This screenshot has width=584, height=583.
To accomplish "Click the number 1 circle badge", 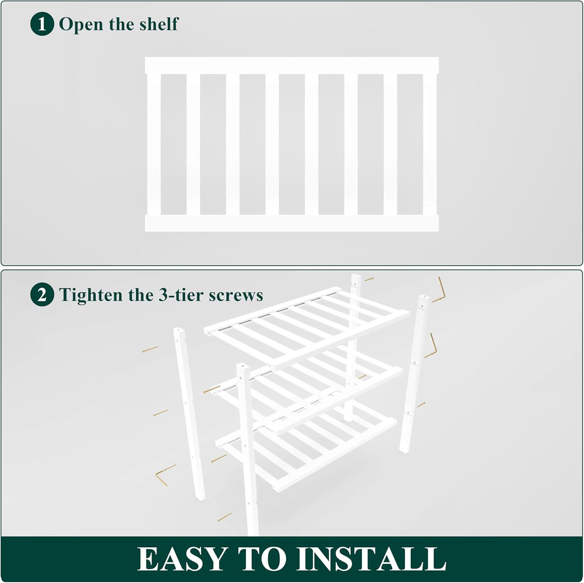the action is (x=42, y=24).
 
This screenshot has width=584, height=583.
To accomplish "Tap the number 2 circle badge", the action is (x=42, y=295).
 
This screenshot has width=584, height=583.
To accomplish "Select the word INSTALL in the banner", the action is (x=371, y=559).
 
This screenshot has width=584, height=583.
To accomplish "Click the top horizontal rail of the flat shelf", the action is (x=292, y=65).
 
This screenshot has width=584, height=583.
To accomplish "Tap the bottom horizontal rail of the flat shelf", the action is (x=292, y=223).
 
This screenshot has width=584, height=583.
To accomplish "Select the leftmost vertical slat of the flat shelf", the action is (x=154, y=144).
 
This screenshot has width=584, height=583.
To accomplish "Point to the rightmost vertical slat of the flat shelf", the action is (x=430, y=144).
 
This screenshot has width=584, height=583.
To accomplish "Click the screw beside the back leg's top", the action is (x=369, y=279).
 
